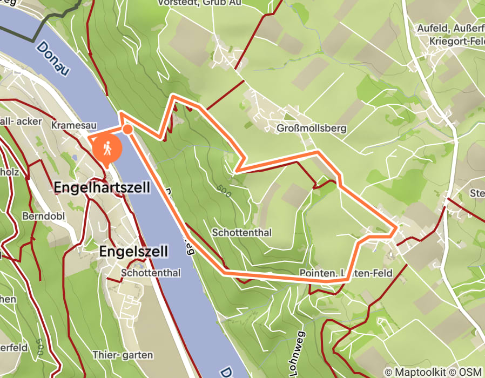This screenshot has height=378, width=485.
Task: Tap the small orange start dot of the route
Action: (x=127, y=129)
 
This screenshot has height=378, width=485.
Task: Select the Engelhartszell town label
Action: (x=102, y=187)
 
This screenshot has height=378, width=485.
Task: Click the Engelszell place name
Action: (x=134, y=251)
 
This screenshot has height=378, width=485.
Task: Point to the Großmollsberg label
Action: (x=311, y=129)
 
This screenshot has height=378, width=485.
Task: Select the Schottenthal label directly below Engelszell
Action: (x=151, y=273)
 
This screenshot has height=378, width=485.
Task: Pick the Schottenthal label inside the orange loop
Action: (x=242, y=233)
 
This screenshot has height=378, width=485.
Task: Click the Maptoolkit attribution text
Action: (x=414, y=372)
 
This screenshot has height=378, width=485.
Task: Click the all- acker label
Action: (x=21, y=122)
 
